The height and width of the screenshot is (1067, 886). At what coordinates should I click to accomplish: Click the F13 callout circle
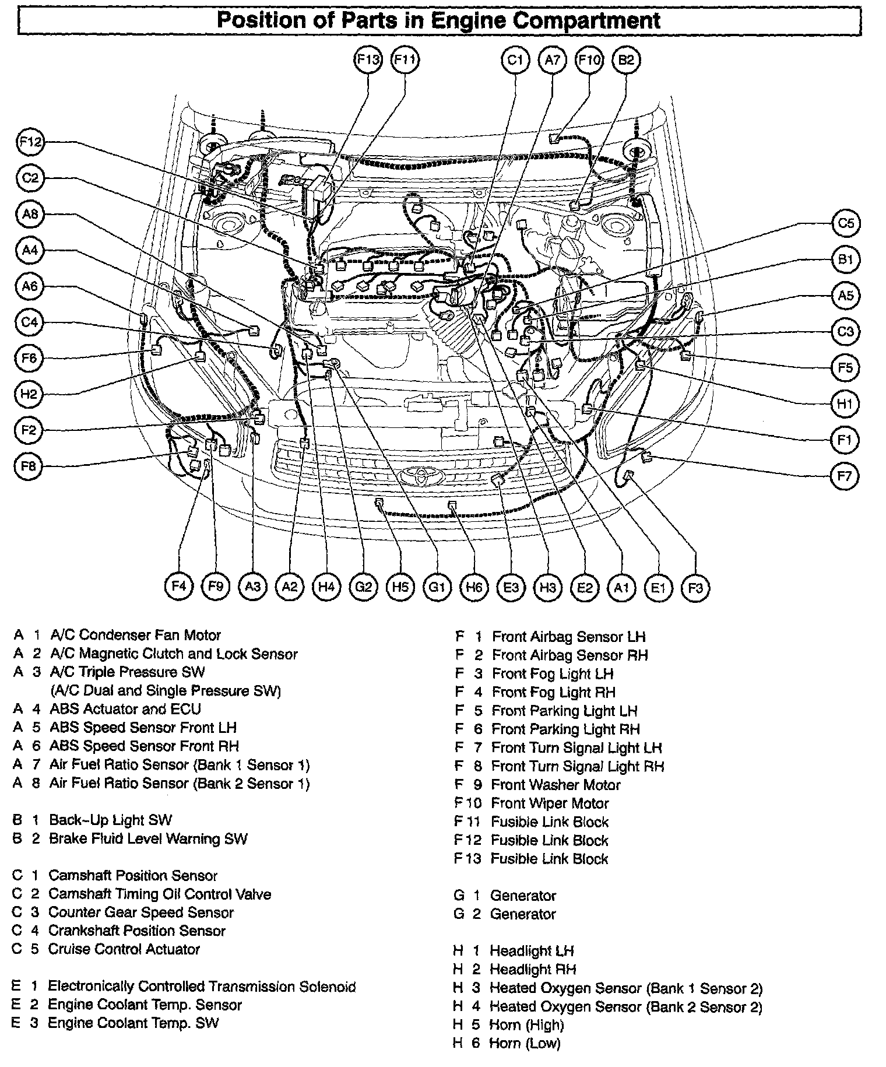tap(368, 60)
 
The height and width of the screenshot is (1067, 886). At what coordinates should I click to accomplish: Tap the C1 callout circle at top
tap(515, 60)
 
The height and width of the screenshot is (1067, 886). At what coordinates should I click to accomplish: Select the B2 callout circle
tap(626, 60)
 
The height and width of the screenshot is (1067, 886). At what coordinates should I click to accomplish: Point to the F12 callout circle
tap(30, 142)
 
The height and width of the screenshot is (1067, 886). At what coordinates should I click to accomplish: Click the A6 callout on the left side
tap(30, 286)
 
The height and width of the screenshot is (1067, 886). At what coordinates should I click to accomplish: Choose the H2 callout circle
tap(29, 394)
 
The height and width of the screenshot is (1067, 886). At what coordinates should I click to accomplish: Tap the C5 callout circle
tap(845, 223)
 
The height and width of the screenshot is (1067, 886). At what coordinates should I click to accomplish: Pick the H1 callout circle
tap(845, 403)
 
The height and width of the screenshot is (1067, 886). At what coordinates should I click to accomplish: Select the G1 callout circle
tap(437, 587)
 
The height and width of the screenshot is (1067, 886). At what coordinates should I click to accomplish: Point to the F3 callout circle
tap(695, 587)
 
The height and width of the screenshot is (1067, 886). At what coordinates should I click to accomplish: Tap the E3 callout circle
tap(511, 587)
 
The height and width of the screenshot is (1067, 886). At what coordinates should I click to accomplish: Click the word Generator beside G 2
tap(523, 914)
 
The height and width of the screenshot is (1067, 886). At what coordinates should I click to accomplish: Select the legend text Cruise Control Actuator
tap(124, 949)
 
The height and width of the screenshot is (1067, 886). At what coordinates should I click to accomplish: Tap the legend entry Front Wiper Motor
tap(550, 803)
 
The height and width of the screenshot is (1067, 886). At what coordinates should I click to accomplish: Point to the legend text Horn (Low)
tap(525, 1043)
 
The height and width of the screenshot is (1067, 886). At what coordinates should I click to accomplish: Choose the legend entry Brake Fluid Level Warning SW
tap(148, 839)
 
